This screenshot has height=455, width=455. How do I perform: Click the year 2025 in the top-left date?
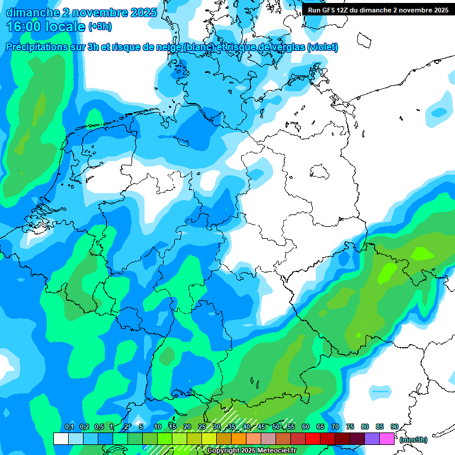(x=142, y=12)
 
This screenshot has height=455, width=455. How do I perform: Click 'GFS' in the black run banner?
(x=332, y=10)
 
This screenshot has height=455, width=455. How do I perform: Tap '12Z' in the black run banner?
(x=346, y=10)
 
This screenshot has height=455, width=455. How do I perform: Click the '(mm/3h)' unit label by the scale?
(x=413, y=440)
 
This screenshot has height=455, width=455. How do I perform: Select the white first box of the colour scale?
(x=60, y=438)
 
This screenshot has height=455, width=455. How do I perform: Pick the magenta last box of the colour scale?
(x=387, y=438)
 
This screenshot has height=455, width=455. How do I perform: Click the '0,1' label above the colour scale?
(x=69, y=427)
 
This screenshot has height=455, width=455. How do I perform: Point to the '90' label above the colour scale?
(x=395, y=427)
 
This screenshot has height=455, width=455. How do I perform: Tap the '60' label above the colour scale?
(x=306, y=427)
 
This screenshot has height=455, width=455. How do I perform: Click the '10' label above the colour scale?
(x=158, y=427)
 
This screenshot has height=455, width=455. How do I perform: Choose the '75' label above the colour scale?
(x=350, y=427)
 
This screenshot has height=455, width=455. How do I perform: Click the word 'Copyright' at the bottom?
(x=223, y=451)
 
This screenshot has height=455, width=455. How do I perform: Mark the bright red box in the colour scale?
(x=313, y=438)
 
